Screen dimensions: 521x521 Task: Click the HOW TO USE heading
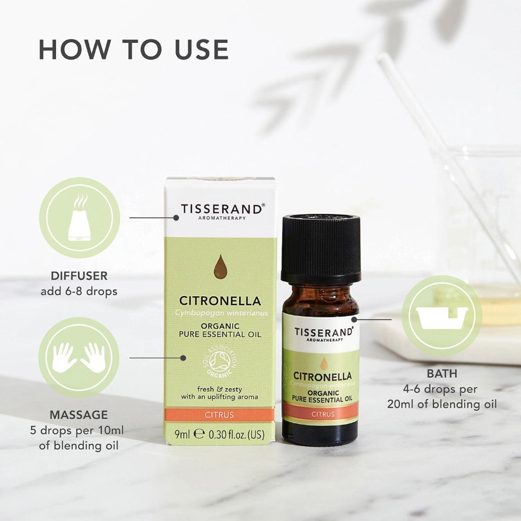pos(133,49)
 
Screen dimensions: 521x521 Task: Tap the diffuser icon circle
pos(80,217)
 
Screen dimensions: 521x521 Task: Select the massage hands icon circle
pos(79,357)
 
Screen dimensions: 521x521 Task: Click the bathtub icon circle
pos(442,316)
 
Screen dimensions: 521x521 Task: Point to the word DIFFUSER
pos(79,276)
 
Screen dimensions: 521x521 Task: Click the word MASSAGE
pos(79,415)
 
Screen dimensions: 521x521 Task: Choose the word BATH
pos(442,374)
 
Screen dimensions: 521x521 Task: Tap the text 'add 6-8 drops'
pos(79,291)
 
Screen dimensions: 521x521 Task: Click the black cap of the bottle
pos(320,249)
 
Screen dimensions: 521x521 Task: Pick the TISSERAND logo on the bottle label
pos(324,332)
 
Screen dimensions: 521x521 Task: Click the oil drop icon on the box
pos(221,267)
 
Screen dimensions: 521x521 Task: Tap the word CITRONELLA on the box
pos(220,301)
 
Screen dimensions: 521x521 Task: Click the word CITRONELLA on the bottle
pos(322,376)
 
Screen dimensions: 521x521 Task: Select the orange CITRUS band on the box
pos(220,415)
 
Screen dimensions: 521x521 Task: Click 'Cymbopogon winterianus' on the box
pos(220,312)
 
